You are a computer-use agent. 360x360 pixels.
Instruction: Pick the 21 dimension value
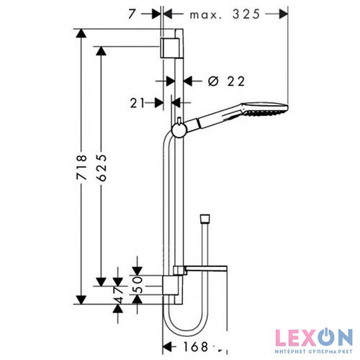click(138, 103)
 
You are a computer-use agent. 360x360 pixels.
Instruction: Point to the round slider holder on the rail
click(178, 129)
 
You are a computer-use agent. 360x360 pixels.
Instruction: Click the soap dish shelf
click(206, 270)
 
